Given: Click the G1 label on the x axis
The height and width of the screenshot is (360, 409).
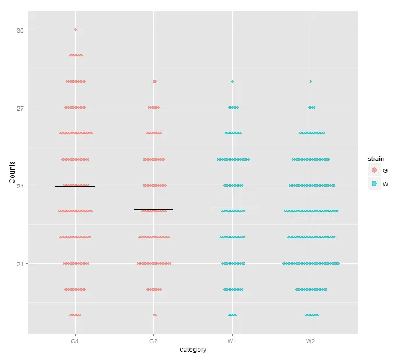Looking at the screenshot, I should [75, 341].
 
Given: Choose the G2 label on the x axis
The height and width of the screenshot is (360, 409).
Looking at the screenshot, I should [153, 341].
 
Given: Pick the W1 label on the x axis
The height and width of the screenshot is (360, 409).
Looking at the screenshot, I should [232, 341].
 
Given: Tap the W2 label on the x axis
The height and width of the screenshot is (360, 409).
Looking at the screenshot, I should [311, 341].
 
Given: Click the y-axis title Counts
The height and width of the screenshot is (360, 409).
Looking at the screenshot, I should [12, 173].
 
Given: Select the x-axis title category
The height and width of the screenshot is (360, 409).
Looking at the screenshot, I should [193, 350].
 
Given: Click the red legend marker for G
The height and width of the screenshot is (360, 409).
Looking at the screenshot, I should [375, 170].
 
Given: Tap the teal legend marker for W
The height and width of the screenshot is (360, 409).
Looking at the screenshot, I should [375, 183].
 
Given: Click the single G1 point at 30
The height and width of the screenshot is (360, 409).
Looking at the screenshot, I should [76, 30].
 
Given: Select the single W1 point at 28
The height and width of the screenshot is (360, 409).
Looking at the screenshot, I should [232, 81].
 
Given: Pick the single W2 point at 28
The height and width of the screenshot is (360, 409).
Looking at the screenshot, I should [311, 81].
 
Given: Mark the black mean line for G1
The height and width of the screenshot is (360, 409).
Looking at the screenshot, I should [75, 187].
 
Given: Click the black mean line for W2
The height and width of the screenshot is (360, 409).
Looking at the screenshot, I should [311, 218].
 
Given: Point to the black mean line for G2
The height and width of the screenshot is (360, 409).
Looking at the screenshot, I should [153, 209].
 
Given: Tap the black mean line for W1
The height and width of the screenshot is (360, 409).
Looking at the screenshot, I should [232, 208].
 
